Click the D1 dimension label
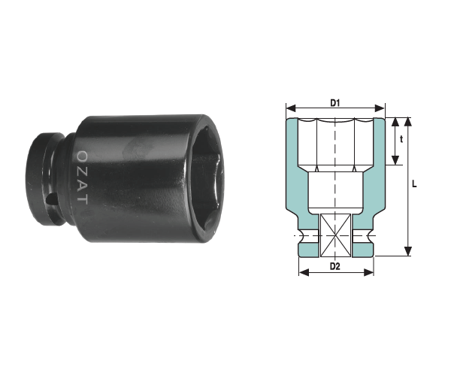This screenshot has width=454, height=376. (x=334, y=102)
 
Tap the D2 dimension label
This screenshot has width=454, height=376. (x=334, y=266)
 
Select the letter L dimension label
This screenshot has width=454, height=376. (x=414, y=183)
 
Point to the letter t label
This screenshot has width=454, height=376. (x=401, y=139)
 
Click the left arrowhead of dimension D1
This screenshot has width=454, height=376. (x=291, y=108)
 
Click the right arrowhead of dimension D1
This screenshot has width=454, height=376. (x=380, y=108)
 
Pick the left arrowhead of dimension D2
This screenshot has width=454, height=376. (x=304, y=272)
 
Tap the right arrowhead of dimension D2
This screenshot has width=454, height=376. (x=368, y=272)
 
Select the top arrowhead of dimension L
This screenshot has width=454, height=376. (x=407, y=123)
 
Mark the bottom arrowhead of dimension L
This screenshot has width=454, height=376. (x=407, y=251)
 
